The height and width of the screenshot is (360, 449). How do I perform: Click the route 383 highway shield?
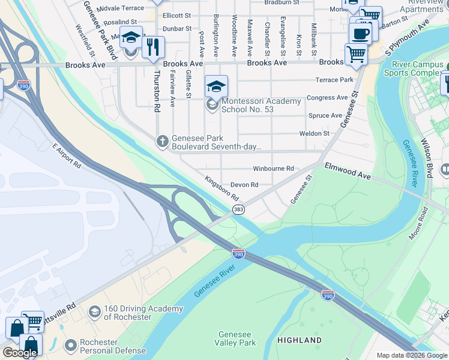pyautogui.click(x=238, y=209)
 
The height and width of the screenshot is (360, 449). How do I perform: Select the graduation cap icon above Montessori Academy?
pyautogui.click(x=216, y=86)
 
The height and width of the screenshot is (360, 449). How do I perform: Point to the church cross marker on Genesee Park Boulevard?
pyautogui.click(x=161, y=142)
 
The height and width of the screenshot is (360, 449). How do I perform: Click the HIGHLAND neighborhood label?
pyautogui.click(x=300, y=340)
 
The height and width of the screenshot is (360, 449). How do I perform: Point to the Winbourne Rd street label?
pyautogui.click(x=273, y=169)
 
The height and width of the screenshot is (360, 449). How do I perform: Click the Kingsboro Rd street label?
pyautogui.click(x=221, y=188)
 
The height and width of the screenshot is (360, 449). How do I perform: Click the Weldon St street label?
pyautogui.click(x=318, y=133)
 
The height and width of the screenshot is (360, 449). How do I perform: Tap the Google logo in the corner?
pyautogui.click(x=20, y=353)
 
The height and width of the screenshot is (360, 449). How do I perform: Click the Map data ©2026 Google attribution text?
pyautogui.click(x=412, y=355)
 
